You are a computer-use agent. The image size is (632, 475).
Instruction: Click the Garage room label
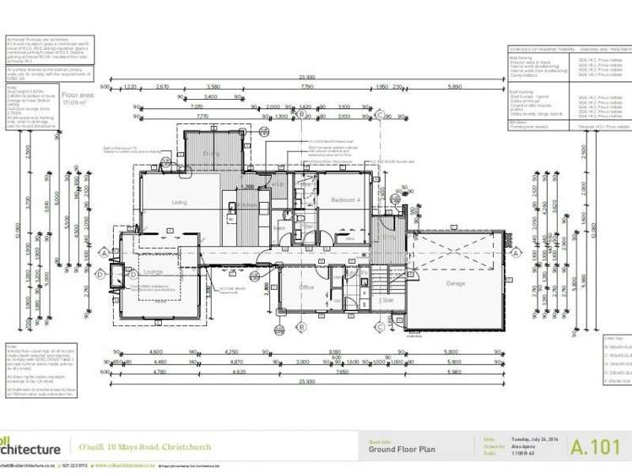456,283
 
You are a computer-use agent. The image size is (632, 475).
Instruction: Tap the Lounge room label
153,272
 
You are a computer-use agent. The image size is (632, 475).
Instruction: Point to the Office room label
306,287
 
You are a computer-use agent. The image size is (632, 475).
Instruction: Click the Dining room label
211,153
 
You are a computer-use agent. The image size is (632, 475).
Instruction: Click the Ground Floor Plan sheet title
401,450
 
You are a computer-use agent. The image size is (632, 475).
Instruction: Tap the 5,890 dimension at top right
455,86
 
